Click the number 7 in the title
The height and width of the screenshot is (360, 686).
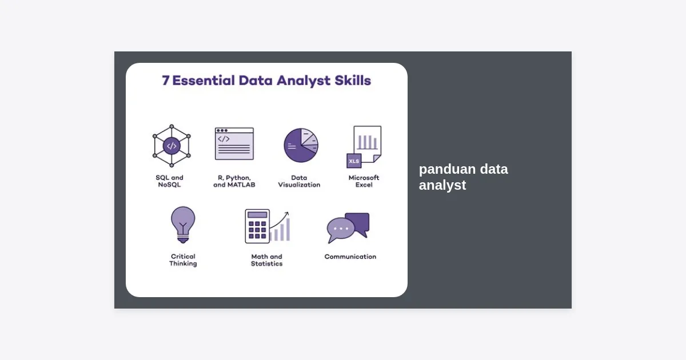point(166,81)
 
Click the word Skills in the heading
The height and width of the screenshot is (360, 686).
point(353,81)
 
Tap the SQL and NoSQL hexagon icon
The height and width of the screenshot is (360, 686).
point(171,146)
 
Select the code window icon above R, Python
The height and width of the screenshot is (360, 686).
point(234,143)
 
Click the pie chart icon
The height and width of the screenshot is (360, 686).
point(301,145)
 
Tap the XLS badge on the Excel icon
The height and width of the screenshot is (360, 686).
point(354,161)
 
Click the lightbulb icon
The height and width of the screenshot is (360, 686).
point(183,225)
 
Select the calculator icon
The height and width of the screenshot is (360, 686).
point(257,226)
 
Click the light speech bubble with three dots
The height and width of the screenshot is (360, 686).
point(340,230)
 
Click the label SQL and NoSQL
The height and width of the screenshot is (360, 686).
point(169,181)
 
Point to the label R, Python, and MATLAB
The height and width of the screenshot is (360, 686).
point(234,181)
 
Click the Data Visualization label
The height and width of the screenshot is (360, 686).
point(299,181)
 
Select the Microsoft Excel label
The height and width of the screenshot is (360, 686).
point(364,181)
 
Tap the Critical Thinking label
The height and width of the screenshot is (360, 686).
point(183,260)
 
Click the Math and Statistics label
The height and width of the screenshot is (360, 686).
point(267,260)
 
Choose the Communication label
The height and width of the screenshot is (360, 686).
point(350,257)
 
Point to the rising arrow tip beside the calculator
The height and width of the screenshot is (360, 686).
point(288,213)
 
